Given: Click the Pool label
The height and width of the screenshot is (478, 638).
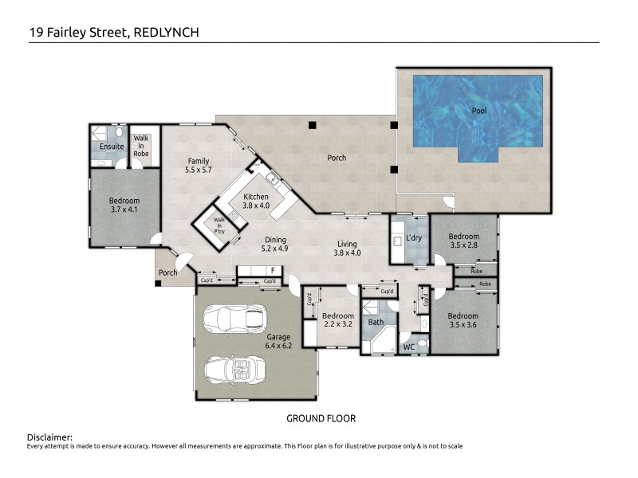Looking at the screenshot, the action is [479, 111].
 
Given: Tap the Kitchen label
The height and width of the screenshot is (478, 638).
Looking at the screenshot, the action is [256, 197].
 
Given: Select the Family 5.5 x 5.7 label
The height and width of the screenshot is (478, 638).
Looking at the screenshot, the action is [198, 166].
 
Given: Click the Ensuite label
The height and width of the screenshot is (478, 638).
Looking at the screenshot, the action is [112, 147].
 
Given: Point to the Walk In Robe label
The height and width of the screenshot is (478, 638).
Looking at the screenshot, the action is [141, 146].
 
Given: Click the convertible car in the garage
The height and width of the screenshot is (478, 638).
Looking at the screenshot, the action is [235, 370].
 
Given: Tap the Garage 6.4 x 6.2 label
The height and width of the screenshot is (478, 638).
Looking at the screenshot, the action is [278, 341].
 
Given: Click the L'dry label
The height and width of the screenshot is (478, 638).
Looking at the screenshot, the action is [414, 237].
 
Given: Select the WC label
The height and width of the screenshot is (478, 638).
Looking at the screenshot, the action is [409, 347].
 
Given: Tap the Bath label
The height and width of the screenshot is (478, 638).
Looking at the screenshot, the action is [376, 322].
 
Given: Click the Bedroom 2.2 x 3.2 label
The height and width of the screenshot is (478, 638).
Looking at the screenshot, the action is [337, 320].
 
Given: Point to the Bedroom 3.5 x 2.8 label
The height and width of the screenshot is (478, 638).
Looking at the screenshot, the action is [464, 241].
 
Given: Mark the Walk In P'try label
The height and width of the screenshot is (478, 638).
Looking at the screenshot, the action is [219, 225].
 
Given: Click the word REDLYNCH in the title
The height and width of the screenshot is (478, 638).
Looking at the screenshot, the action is [166, 33].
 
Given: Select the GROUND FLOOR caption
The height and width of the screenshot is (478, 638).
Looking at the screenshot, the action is [321, 419].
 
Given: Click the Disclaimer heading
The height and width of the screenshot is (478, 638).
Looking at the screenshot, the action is [49, 437].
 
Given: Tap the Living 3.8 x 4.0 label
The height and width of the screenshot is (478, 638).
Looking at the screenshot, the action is [347, 249].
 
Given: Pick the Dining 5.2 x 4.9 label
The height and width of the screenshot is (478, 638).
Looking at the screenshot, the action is [275, 244].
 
